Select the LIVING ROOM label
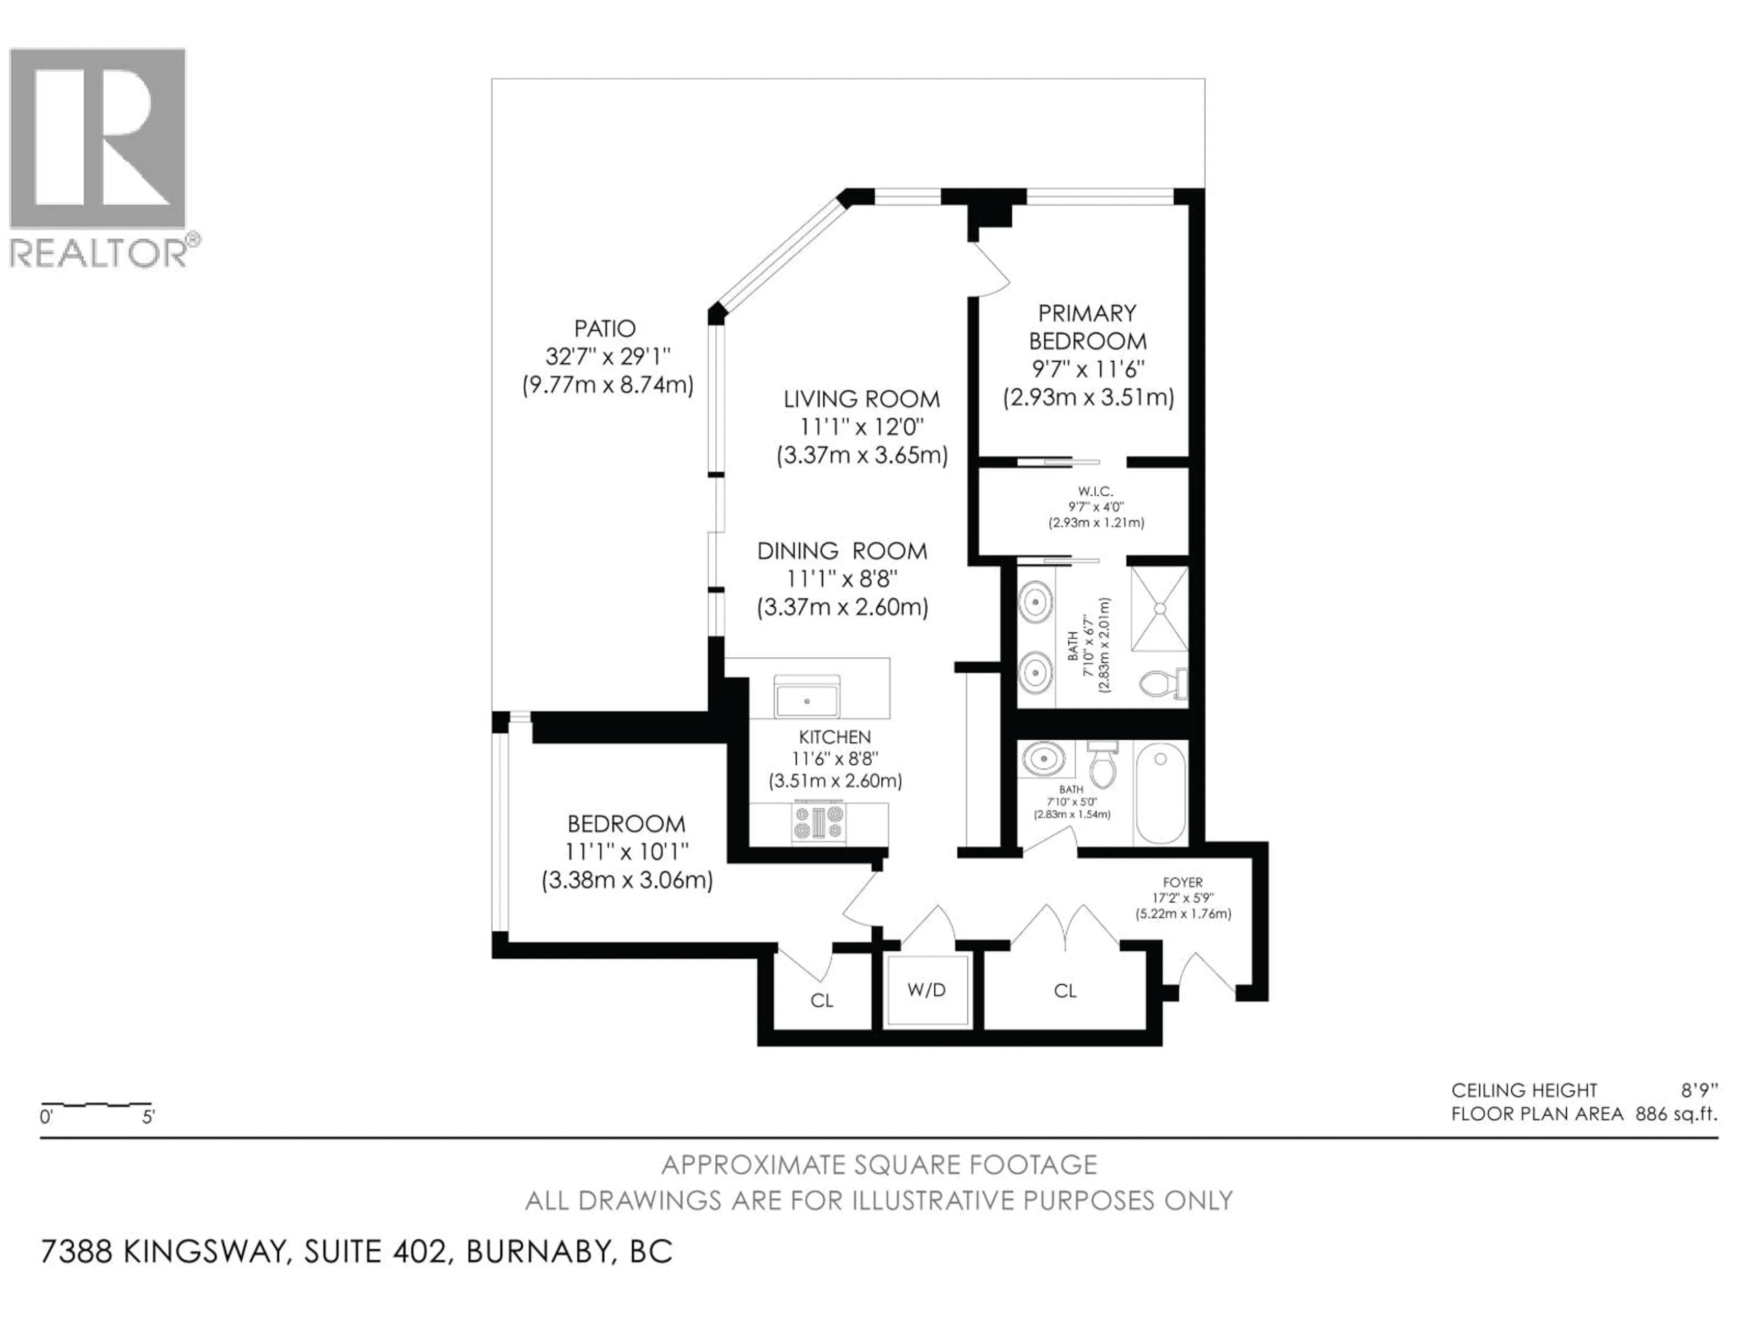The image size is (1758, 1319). [862, 398]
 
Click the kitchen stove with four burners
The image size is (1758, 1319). [819, 823]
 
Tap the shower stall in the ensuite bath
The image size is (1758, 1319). [1159, 608]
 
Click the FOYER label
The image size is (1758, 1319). [1183, 882]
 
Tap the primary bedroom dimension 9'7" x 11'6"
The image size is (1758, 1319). [1087, 369]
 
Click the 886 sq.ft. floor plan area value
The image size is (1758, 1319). [1675, 1114]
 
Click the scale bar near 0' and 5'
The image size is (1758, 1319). [96, 1106]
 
